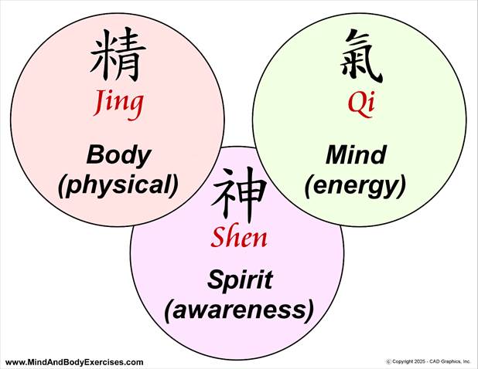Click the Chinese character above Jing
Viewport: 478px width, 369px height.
(118, 56)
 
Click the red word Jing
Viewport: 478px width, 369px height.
(118, 103)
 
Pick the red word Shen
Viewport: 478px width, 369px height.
(239, 237)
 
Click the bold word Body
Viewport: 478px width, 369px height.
(118, 154)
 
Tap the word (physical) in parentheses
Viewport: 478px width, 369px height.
(118, 184)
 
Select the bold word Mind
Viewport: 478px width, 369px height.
(356, 154)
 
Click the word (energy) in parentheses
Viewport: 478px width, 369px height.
(356, 184)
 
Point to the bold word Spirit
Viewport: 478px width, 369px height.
(239, 279)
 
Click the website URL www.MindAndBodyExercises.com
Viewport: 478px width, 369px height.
(74, 362)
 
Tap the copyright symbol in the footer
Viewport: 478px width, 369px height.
(388, 361)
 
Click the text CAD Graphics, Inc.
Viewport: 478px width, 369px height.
(452, 361)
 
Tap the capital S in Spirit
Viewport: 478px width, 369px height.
(213, 279)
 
